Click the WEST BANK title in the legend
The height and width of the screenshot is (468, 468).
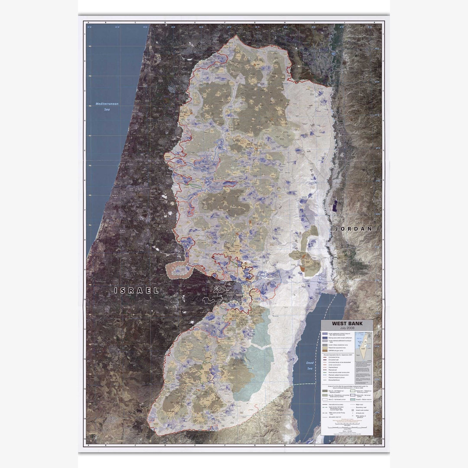click(x=346, y=323)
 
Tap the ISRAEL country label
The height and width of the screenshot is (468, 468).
click(x=136, y=290)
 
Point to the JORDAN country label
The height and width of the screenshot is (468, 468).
click(x=353, y=228)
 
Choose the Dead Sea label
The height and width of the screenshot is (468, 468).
click(x=309, y=365)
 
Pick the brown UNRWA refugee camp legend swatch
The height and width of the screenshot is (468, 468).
click(x=325, y=351)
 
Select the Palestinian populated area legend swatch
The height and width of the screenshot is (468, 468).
click(x=325, y=348)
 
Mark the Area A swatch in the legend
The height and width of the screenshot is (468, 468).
click(x=325, y=390)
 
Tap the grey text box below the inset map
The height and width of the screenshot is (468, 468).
click(x=363, y=372)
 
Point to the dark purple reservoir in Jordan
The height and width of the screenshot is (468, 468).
click(x=334, y=205)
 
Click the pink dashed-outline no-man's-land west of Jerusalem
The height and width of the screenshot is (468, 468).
click(x=179, y=270)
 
